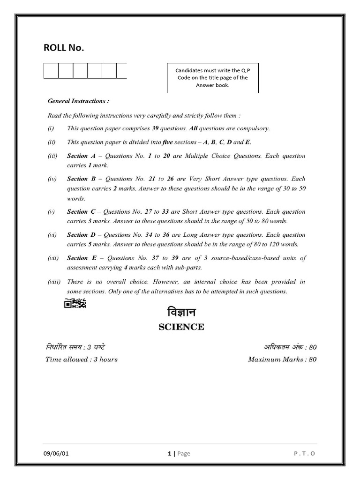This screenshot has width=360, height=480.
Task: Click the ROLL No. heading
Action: (64, 48)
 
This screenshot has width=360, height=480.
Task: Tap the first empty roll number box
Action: (51, 71)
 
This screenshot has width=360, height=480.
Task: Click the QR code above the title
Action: (75, 304)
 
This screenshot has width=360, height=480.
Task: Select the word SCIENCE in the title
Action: (180, 327)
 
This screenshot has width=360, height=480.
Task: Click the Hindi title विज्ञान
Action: (180, 312)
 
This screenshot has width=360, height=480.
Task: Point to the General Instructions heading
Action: (78, 101)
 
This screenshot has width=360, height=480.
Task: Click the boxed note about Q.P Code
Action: (212, 78)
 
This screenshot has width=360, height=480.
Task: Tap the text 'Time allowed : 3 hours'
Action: (81, 360)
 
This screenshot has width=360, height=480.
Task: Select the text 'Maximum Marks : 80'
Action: (282, 360)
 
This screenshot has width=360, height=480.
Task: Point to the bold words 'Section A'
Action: (84, 156)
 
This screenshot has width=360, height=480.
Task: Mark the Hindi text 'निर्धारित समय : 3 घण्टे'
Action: (75, 347)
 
